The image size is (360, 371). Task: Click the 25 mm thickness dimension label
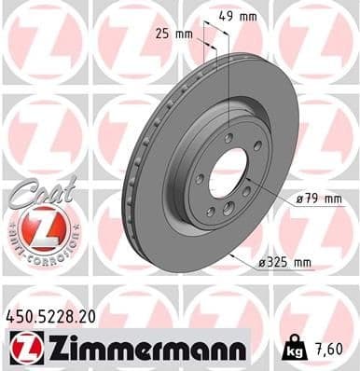tap(176, 34)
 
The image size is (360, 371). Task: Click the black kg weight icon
tap(290, 349)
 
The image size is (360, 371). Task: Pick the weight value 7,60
tap(327, 349)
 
